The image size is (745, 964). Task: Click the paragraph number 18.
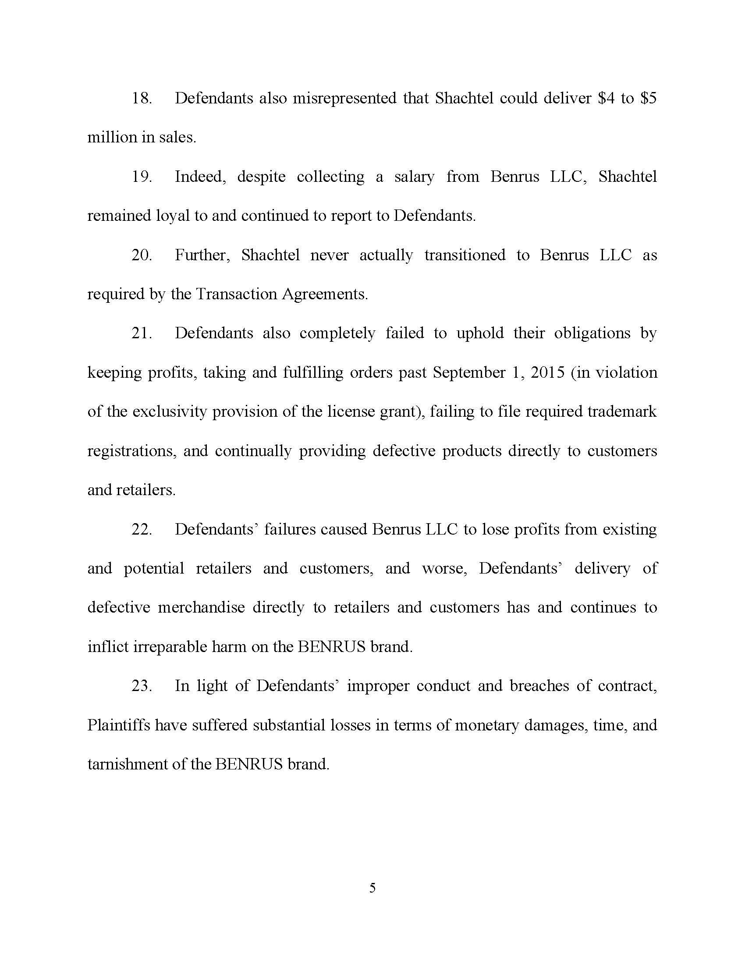click(141, 99)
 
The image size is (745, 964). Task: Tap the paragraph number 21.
click(141, 333)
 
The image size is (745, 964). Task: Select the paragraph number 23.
click(141, 686)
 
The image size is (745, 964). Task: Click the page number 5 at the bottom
click(372, 888)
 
